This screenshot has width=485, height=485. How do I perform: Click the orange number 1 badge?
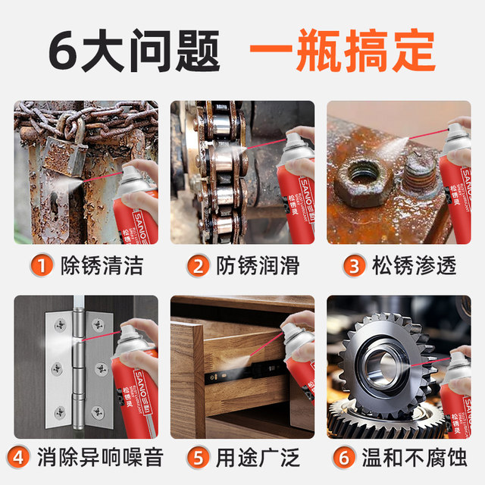[x=43, y=265]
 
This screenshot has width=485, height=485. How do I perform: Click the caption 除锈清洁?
[x=103, y=265]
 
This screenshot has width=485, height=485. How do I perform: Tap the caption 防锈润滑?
[x=257, y=265]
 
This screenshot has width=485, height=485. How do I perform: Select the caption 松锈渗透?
[x=414, y=265]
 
